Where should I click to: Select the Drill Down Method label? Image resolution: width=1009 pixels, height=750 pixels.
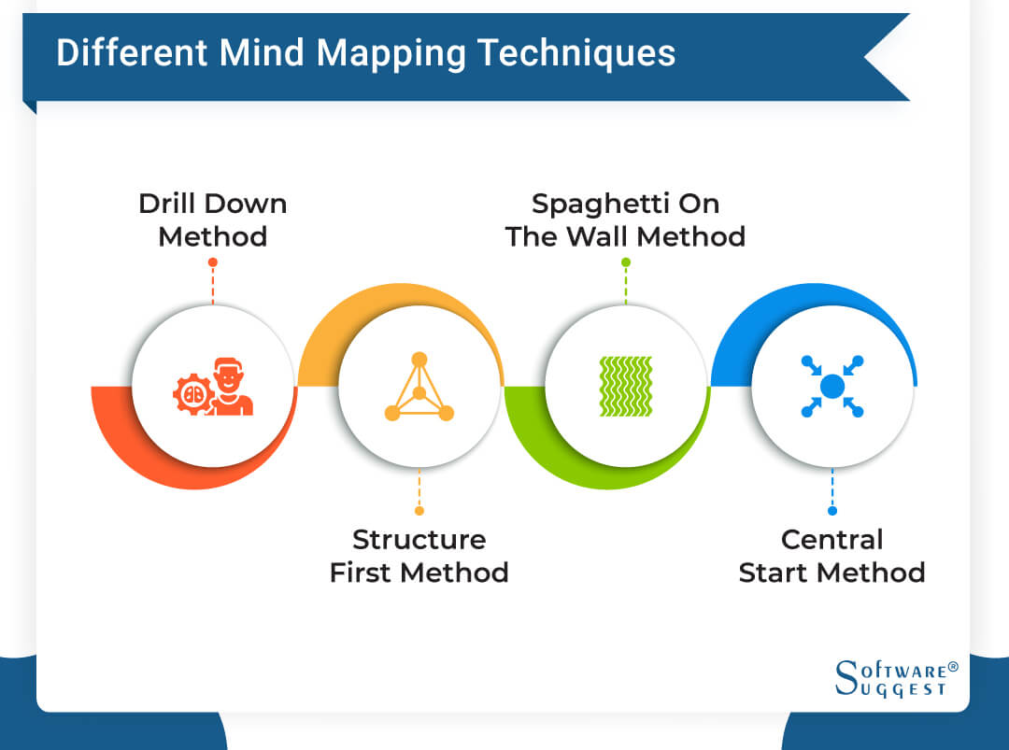point(213,219)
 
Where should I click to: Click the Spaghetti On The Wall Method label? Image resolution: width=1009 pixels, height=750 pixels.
point(625,219)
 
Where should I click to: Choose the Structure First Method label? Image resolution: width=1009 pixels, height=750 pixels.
point(419,556)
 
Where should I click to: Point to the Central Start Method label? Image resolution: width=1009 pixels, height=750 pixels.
point(831,556)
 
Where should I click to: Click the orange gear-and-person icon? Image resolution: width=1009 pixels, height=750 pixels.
point(213,387)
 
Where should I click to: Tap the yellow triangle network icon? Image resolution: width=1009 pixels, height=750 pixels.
point(419,387)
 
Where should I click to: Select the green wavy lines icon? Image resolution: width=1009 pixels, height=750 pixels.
point(625,387)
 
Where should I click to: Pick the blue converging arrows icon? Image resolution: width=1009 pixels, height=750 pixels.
point(831,387)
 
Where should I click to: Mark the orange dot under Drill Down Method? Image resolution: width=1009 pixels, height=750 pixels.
point(213,262)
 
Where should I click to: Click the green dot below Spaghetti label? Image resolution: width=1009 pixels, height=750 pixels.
point(625,262)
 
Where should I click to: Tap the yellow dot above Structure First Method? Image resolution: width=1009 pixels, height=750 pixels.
point(419,511)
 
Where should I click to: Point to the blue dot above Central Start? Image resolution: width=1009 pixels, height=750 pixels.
point(831,511)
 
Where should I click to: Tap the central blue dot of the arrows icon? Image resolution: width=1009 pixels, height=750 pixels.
point(831,387)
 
